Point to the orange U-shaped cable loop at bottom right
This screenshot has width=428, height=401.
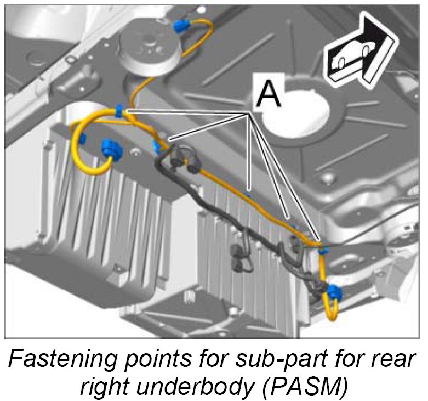(330, 310)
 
